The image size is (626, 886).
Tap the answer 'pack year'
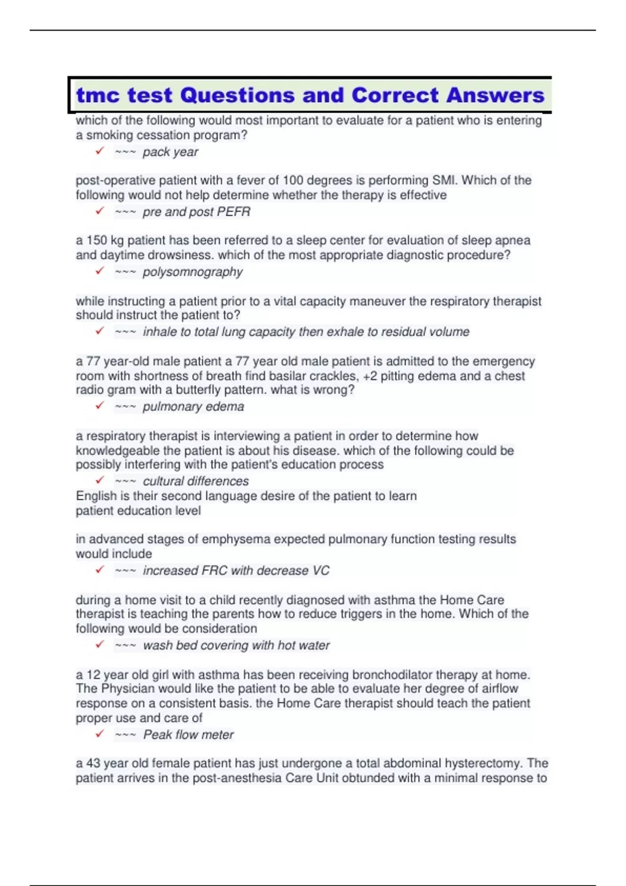tap(170, 152)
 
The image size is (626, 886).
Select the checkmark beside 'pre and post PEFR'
tap(100, 211)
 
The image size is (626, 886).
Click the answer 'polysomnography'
tap(192, 272)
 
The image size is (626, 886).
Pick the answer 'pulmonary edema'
tap(193, 407)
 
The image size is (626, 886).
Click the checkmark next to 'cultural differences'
tap(100, 480)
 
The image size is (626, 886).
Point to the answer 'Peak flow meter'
tap(188, 735)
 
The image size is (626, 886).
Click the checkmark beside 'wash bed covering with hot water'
tap(100, 645)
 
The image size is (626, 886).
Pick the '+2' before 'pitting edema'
tap(369, 376)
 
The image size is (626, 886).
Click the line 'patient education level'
tap(138, 511)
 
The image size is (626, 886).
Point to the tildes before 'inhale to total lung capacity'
tap(126, 332)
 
